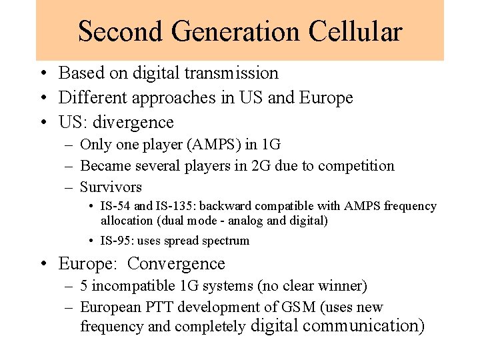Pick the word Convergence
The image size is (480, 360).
click(176, 263)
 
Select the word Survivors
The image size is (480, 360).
click(111, 187)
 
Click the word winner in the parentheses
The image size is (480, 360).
click(337, 286)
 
